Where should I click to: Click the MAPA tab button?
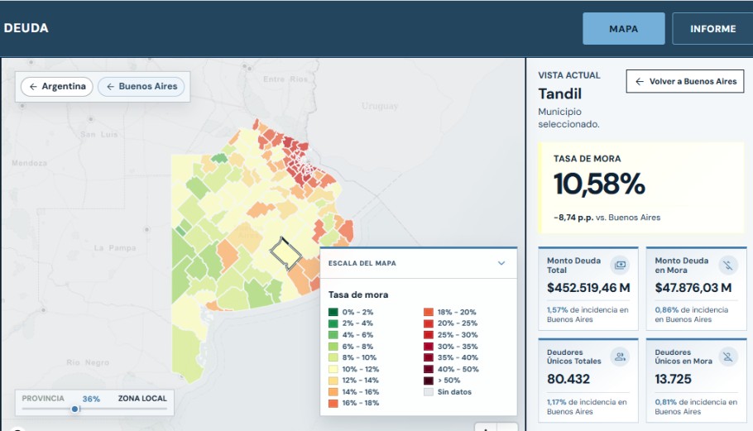(623, 29)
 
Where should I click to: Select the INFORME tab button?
(712, 29)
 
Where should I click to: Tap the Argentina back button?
(56, 86)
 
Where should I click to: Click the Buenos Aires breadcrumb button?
(141, 86)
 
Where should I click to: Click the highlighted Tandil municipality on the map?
(285, 254)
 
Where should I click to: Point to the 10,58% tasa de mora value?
(599, 184)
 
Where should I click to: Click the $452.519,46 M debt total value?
(588, 288)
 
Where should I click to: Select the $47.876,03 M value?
(693, 288)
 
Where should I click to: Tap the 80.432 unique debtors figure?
(568, 379)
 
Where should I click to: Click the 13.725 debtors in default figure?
(673, 379)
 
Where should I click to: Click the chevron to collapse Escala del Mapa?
(501, 263)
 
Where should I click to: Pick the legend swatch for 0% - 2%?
(333, 312)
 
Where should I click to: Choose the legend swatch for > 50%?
(429, 381)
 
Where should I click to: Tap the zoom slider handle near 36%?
(75, 409)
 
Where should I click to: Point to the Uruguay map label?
(380, 106)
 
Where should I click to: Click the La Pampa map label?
(115, 248)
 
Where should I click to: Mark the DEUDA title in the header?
(26, 28)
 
